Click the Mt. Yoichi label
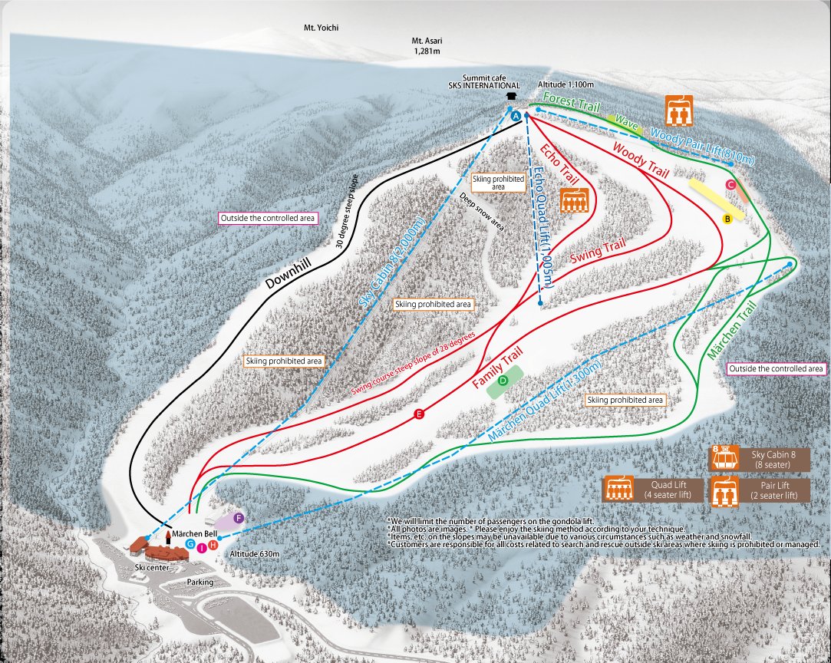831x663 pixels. coord(321,28)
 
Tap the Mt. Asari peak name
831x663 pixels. coord(427,41)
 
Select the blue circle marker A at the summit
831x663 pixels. coord(516,114)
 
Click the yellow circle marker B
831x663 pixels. coord(727,219)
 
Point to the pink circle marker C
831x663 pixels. coord(731,185)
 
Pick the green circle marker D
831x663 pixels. coord(503,380)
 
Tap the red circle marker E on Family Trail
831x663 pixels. coord(419,414)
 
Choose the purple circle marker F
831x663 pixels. coord(239,519)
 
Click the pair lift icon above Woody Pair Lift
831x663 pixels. coord(679,110)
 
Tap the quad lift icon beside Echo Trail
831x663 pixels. coord(575,201)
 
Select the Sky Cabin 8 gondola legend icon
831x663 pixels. coord(722,458)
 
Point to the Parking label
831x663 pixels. coord(200,582)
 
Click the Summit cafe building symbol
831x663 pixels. coord(512,96)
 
